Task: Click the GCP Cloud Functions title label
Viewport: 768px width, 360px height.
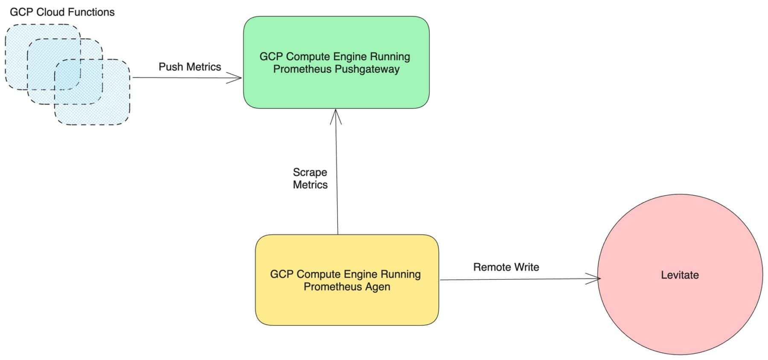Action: pos(62,12)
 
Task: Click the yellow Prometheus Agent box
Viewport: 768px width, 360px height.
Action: pos(346,307)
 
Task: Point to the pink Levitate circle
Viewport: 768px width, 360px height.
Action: pos(680,316)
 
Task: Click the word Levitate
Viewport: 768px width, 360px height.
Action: pos(680,275)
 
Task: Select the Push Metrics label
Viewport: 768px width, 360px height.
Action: pos(190,67)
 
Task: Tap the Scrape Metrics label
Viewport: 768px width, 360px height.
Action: pos(310,178)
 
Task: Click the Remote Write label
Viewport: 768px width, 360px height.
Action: pos(506,267)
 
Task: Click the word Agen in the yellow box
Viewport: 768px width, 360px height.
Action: pos(378,287)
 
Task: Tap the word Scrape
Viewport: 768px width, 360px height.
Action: pos(310,172)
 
